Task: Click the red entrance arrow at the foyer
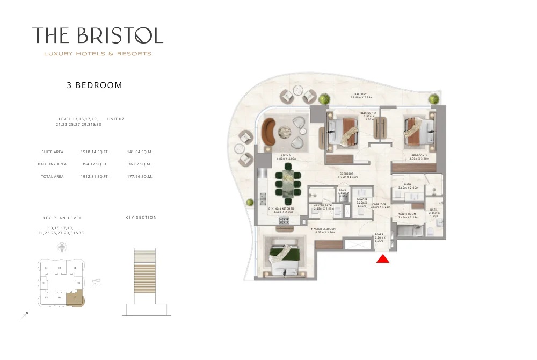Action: click(382, 259)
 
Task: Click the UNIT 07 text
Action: click(115, 119)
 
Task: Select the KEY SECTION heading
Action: click(141, 218)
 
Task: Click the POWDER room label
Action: click(361, 199)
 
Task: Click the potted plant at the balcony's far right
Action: click(433, 99)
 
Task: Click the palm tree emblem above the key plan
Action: click(62, 248)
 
